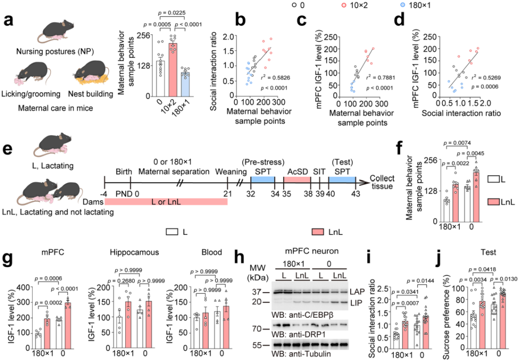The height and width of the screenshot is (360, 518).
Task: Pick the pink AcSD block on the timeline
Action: [x=298, y=178]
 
